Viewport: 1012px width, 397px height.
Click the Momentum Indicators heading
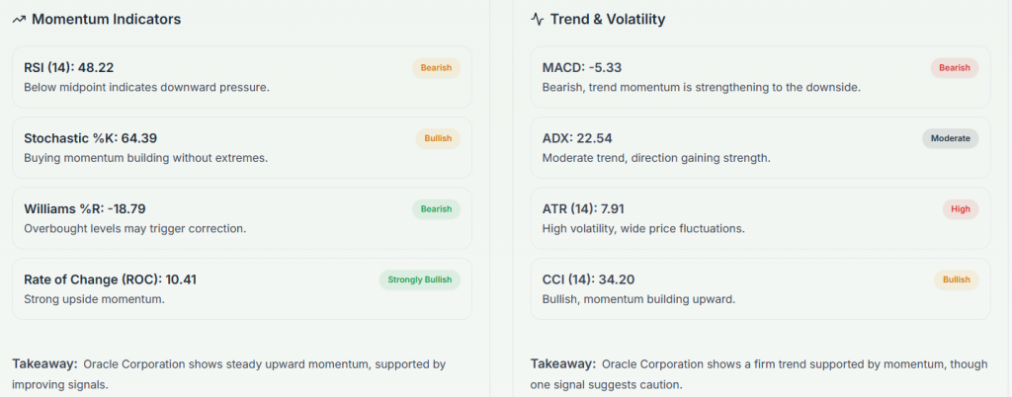106,19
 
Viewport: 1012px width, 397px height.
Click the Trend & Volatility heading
609,19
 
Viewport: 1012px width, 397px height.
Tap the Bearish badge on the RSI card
436,68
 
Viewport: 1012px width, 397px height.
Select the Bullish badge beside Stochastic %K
437,138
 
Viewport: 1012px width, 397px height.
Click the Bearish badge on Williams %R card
436,209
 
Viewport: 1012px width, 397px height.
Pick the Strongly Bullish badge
419,279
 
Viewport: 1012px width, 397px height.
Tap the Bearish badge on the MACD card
954,68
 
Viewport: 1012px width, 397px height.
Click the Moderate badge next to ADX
950,138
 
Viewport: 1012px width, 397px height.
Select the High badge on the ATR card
960,209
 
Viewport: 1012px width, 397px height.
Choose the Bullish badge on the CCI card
956,279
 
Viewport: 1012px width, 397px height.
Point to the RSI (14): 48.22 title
69,68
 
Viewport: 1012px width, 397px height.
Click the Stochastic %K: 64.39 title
90,138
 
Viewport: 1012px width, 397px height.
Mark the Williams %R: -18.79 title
85,209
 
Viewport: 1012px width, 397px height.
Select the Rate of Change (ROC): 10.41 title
110,279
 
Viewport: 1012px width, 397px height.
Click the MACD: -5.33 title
582,68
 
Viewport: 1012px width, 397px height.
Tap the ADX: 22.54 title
577,138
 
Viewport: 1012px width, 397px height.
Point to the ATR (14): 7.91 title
583,209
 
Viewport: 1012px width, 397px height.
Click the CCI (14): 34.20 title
588,279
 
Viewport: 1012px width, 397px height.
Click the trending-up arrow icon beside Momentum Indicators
19,19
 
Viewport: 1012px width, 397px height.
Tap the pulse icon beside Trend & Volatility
537,19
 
